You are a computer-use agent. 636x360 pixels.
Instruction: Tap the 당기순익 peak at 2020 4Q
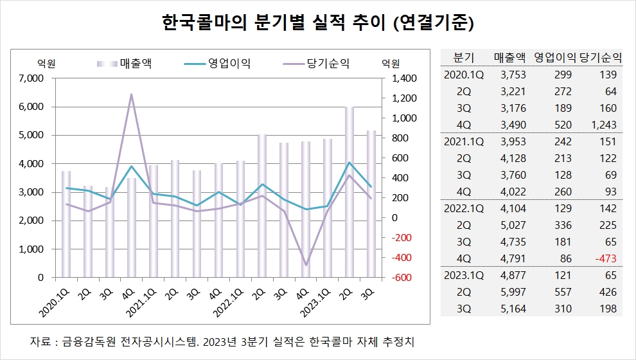coord(131,94)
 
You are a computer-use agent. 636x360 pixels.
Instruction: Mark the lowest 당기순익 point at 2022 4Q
coord(306,265)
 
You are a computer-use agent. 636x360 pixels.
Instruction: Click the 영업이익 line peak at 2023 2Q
coord(349,163)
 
